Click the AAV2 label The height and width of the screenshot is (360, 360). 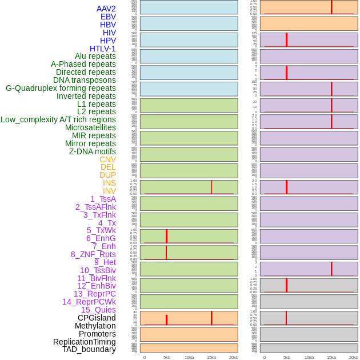(106, 9)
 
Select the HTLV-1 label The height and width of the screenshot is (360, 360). (103, 49)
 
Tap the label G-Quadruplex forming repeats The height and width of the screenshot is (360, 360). (61, 88)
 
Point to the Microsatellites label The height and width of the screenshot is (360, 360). (90, 127)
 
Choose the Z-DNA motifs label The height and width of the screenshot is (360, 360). (93, 151)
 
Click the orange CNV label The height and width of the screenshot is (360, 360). (107, 159)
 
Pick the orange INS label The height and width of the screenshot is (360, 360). (109, 183)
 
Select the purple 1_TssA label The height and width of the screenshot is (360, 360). (103, 199)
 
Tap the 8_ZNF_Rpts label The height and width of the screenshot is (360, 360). (93, 254)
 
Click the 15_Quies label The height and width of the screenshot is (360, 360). (98, 310)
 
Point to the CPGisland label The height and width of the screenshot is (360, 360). (97, 318)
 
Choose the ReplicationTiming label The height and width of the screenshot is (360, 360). (85, 342)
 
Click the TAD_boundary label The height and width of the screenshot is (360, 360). (89, 349)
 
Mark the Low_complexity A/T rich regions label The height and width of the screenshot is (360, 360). (58, 119)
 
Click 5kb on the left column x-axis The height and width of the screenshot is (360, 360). (167, 357)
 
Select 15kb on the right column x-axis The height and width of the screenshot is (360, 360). (331, 357)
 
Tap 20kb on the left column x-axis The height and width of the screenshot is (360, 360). (234, 357)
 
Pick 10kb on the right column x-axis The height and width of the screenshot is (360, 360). (309, 357)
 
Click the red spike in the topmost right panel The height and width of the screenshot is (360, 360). (331, 7)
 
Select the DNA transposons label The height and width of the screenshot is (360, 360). (85, 80)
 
